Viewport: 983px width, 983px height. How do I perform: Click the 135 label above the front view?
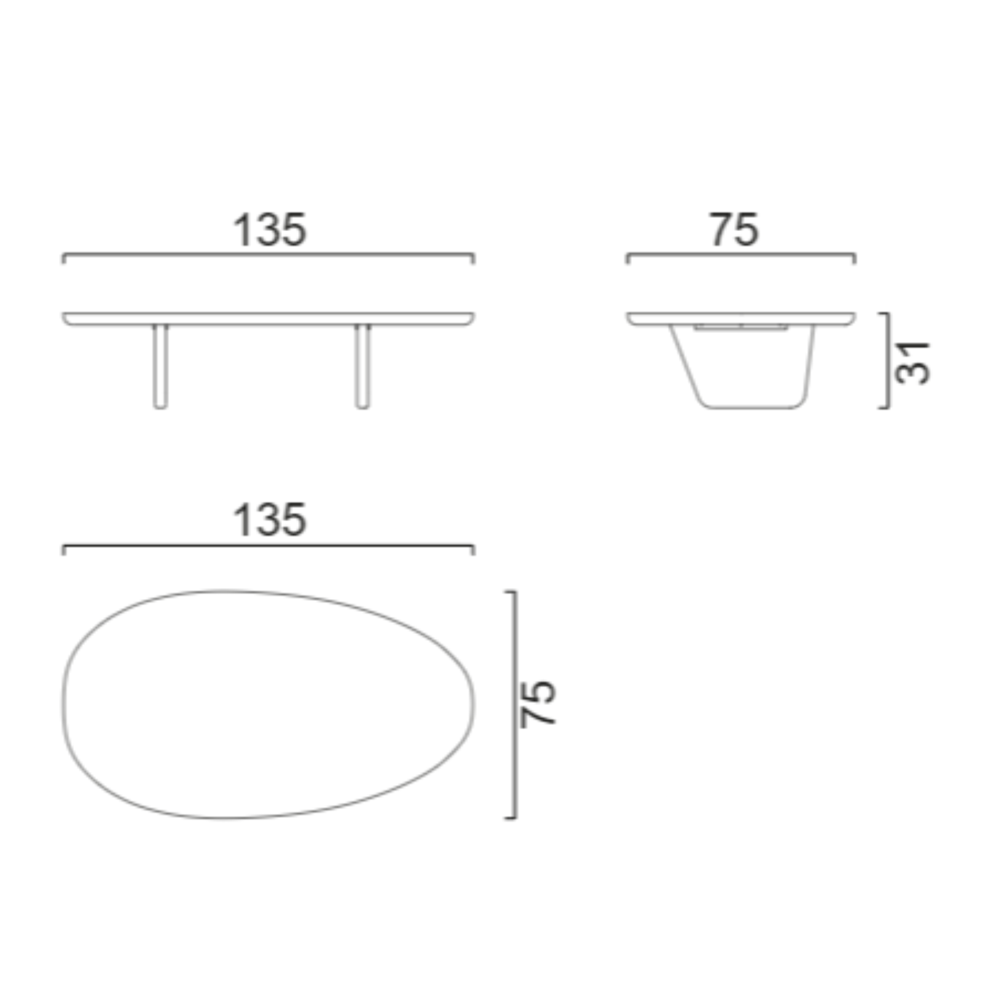(269, 230)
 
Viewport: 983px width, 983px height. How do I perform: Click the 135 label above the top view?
(269, 520)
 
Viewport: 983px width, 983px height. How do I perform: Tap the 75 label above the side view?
(735, 230)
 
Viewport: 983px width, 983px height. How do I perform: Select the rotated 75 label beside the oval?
(538, 704)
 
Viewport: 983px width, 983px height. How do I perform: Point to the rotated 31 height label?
(912, 362)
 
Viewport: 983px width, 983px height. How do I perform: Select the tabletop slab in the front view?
(268, 318)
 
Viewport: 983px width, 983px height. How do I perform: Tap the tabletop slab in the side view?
(740, 318)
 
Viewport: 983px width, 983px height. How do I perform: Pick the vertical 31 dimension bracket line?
(888, 361)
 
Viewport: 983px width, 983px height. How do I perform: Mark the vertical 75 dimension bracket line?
(515, 704)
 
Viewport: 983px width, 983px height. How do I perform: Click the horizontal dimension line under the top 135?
(268, 254)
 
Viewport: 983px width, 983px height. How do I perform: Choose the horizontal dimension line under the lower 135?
(268, 546)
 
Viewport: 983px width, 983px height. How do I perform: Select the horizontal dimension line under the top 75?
(740, 254)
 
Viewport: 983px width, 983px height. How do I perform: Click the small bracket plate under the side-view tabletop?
(740, 327)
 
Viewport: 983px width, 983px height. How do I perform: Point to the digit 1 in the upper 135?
(241, 230)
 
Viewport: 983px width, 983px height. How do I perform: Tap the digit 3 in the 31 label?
(912, 373)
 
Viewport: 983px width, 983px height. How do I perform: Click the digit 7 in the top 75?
(722, 230)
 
